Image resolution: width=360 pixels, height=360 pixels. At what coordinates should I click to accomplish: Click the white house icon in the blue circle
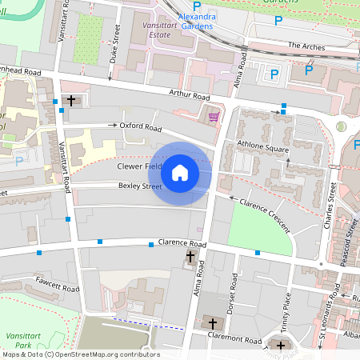click(x=180, y=173)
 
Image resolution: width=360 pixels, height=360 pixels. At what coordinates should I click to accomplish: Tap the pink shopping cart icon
click(x=213, y=117)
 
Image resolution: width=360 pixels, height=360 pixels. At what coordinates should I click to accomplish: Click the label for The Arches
click(x=306, y=46)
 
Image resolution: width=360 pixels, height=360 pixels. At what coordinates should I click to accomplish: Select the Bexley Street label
click(x=140, y=186)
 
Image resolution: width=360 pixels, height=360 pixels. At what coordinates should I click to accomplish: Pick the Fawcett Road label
click(x=58, y=283)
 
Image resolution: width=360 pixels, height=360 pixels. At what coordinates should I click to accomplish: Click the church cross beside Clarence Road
click(x=190, y=257)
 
